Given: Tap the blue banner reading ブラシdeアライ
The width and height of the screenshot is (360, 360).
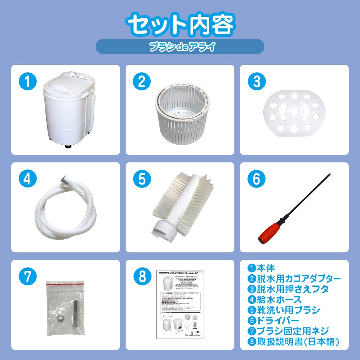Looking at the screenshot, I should [180, 47].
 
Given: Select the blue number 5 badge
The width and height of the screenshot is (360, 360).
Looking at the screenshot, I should [142, 179].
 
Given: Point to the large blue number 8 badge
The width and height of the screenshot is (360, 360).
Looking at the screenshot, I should [142, 277].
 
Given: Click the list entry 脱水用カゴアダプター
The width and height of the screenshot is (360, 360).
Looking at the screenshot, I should [298, 279].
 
